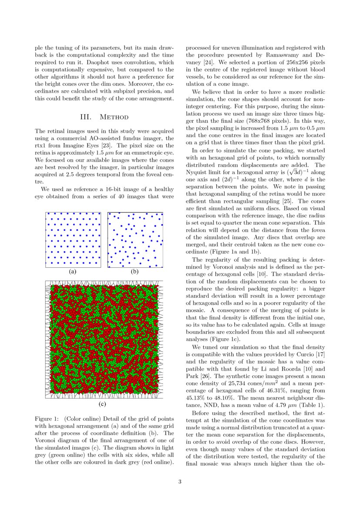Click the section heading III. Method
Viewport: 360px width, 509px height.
104,117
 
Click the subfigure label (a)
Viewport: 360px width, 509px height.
73,271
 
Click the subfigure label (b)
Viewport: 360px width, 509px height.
135,271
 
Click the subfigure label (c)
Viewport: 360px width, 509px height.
104,404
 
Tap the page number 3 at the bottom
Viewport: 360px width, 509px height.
180,482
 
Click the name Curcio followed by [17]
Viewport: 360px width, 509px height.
306,355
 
